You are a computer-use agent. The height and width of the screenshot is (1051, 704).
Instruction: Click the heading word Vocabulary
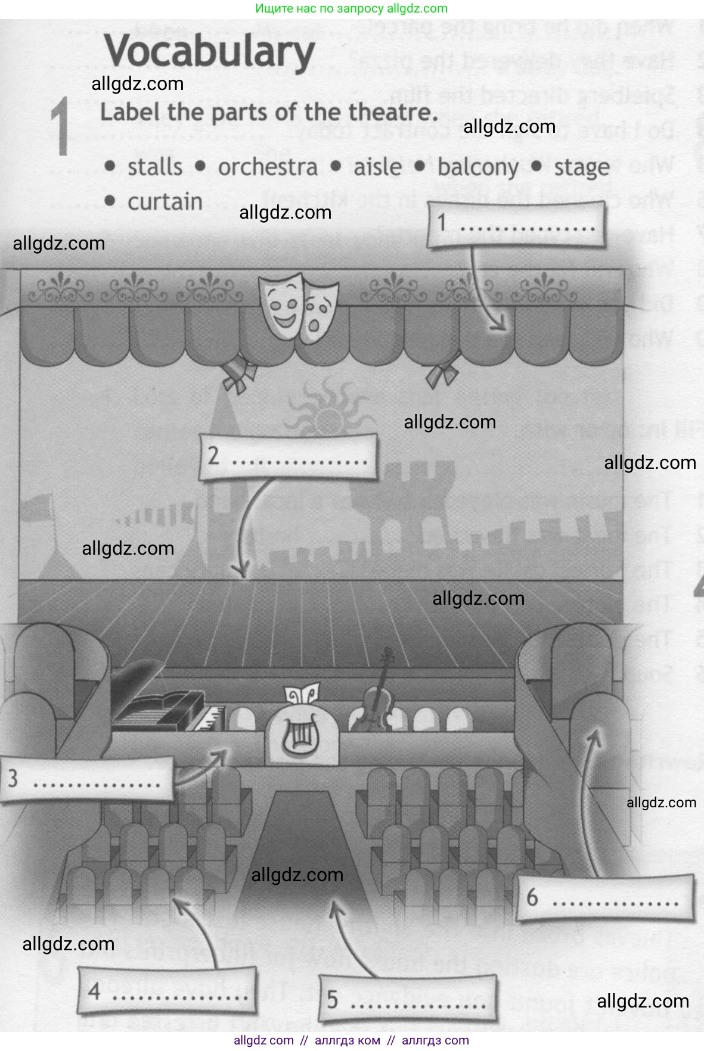210,52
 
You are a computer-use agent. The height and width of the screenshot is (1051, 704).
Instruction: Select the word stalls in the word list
155,167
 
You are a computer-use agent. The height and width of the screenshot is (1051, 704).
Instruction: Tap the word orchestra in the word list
268,167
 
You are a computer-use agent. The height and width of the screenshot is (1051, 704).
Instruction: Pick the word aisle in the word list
377,167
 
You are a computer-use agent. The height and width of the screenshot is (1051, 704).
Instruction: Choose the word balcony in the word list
477,167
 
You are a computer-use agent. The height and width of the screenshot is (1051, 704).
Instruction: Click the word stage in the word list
581,167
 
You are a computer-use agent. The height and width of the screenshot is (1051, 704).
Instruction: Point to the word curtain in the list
165,202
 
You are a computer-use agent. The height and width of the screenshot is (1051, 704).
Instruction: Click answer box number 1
516,225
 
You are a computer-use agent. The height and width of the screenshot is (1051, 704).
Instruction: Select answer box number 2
289,457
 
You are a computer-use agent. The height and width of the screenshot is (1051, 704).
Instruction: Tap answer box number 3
87,779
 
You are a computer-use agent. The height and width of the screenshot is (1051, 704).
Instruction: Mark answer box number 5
407,999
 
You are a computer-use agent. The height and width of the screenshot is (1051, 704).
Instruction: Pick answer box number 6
604,898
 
